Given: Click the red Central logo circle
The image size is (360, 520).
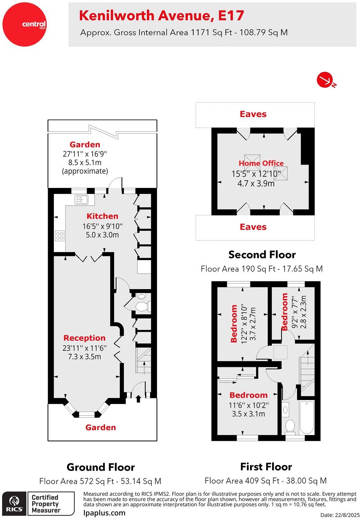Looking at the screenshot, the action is [25, 25].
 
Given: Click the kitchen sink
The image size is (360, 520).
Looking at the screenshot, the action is [81, 199].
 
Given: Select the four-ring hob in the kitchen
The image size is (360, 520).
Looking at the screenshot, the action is [60, 236].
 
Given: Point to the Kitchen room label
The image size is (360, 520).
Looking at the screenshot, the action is [102, 216].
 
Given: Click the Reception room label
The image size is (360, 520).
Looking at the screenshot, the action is [84, 338].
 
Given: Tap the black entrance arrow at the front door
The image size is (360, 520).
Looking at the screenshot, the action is [138, 399].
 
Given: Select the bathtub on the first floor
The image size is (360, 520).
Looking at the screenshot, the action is [306, 417].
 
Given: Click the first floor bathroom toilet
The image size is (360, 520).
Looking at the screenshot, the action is [290, 427].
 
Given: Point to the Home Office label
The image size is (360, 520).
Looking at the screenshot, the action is [261, 163].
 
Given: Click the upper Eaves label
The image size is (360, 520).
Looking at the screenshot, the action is [253, 114].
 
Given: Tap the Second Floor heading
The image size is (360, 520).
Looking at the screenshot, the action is [262, 255].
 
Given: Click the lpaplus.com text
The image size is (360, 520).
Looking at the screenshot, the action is [104, 513].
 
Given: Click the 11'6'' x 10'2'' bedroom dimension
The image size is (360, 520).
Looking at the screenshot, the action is [248, 405].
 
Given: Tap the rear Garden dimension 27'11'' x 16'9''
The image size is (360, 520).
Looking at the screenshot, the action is [85, 154].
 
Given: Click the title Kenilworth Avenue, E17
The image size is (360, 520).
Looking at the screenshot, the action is [161, 16].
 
